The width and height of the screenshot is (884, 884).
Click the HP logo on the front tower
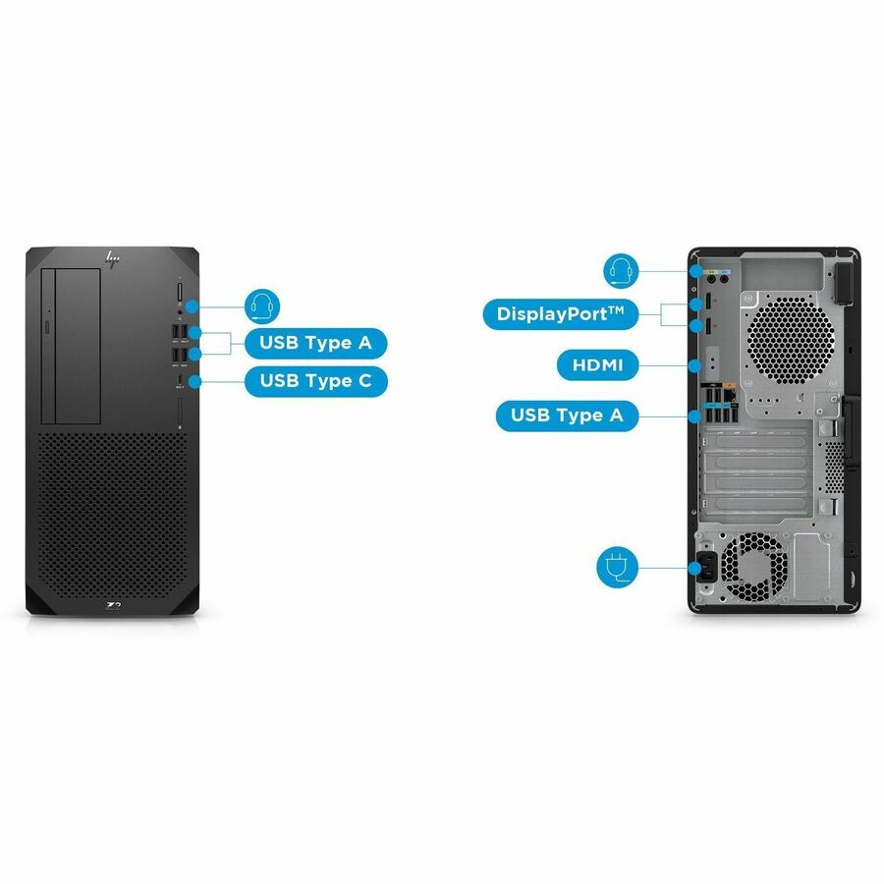pos(113,259)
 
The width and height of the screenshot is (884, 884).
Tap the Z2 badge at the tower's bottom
pos(114,606)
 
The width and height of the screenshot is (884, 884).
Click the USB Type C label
pos(315,381)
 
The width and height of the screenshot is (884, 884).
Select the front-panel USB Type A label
pos(315,343)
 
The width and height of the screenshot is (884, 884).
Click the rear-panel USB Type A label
pos(567,415)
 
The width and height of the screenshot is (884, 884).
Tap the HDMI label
pos(597,365)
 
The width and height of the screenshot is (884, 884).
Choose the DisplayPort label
pos(561,314)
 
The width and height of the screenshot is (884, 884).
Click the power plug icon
pos(618,567)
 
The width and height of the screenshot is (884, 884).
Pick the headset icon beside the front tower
pos(262,307)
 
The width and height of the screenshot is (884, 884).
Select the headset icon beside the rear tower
pos(621,271)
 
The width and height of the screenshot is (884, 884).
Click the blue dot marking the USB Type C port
pos(194,382)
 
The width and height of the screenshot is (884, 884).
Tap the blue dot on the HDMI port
pos(695,366)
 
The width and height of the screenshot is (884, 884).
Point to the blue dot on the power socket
pos(695,567)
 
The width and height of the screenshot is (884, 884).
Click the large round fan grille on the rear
pos(791,341)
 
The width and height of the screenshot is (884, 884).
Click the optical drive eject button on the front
pos(47,326)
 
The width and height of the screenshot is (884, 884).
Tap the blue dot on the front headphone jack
pos(193,307)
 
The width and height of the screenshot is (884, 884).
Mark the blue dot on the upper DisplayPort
pos(695,305)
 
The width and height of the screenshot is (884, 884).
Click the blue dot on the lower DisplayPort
pos(695,325)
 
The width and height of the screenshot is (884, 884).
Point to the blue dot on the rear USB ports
pos(695,416)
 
